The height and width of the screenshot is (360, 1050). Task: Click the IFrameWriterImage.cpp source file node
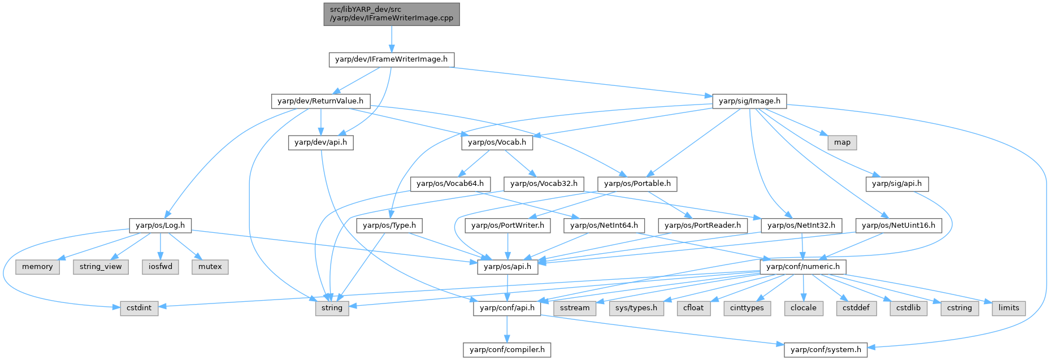coord(391,14)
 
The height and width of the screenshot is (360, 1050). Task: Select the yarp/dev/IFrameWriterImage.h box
coord(391,59)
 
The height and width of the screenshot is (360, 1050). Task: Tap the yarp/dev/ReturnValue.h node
coord(320,101)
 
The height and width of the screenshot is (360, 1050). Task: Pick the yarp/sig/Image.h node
coord(749,101)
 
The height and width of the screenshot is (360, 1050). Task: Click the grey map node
coord(842,142)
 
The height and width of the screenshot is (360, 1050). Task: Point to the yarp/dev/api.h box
coord(320,142)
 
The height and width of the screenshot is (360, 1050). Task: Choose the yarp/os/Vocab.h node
coord(497,142)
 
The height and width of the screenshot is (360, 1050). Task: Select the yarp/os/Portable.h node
coord(637,184)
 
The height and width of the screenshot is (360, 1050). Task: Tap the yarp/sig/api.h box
coord(896,184)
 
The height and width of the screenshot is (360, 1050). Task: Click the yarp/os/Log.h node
coord(160,225)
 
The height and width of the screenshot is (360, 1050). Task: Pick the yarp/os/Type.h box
coord(389,225)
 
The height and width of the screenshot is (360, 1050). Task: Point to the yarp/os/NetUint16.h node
coord(898,225)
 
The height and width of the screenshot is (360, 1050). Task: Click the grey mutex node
coord(210,267)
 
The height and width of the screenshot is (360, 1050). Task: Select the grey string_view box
coord(101,267)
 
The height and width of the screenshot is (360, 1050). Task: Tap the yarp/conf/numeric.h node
coord(802,267)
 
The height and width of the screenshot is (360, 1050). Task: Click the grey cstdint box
coord(139,308)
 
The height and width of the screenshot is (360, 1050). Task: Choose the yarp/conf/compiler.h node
coord(507,350)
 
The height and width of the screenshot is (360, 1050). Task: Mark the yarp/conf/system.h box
coord(826,350)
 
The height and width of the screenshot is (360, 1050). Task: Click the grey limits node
coord(1009,308)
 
